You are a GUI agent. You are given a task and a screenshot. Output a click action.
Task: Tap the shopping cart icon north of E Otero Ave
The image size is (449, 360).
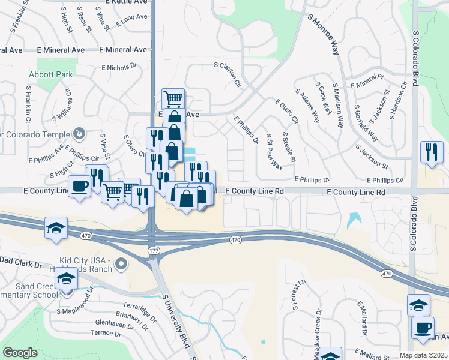point(173,98)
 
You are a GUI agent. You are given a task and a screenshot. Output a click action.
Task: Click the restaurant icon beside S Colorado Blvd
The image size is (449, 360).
point(432,152)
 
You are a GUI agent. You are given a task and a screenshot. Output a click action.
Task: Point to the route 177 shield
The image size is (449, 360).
point(152,248)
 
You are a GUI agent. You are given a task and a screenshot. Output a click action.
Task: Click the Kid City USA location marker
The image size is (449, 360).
point(122,263)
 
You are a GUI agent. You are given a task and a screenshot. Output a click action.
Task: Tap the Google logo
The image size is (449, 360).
point(19,353)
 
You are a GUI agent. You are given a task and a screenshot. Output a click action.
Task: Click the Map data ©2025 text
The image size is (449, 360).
point(423,355)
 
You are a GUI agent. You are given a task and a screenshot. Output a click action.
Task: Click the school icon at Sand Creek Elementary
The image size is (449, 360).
point(66,278)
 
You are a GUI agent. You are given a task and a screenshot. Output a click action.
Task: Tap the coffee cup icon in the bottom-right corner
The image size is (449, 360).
point(423,328)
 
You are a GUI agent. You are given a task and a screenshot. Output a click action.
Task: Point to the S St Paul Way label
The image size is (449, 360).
point(274,151)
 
